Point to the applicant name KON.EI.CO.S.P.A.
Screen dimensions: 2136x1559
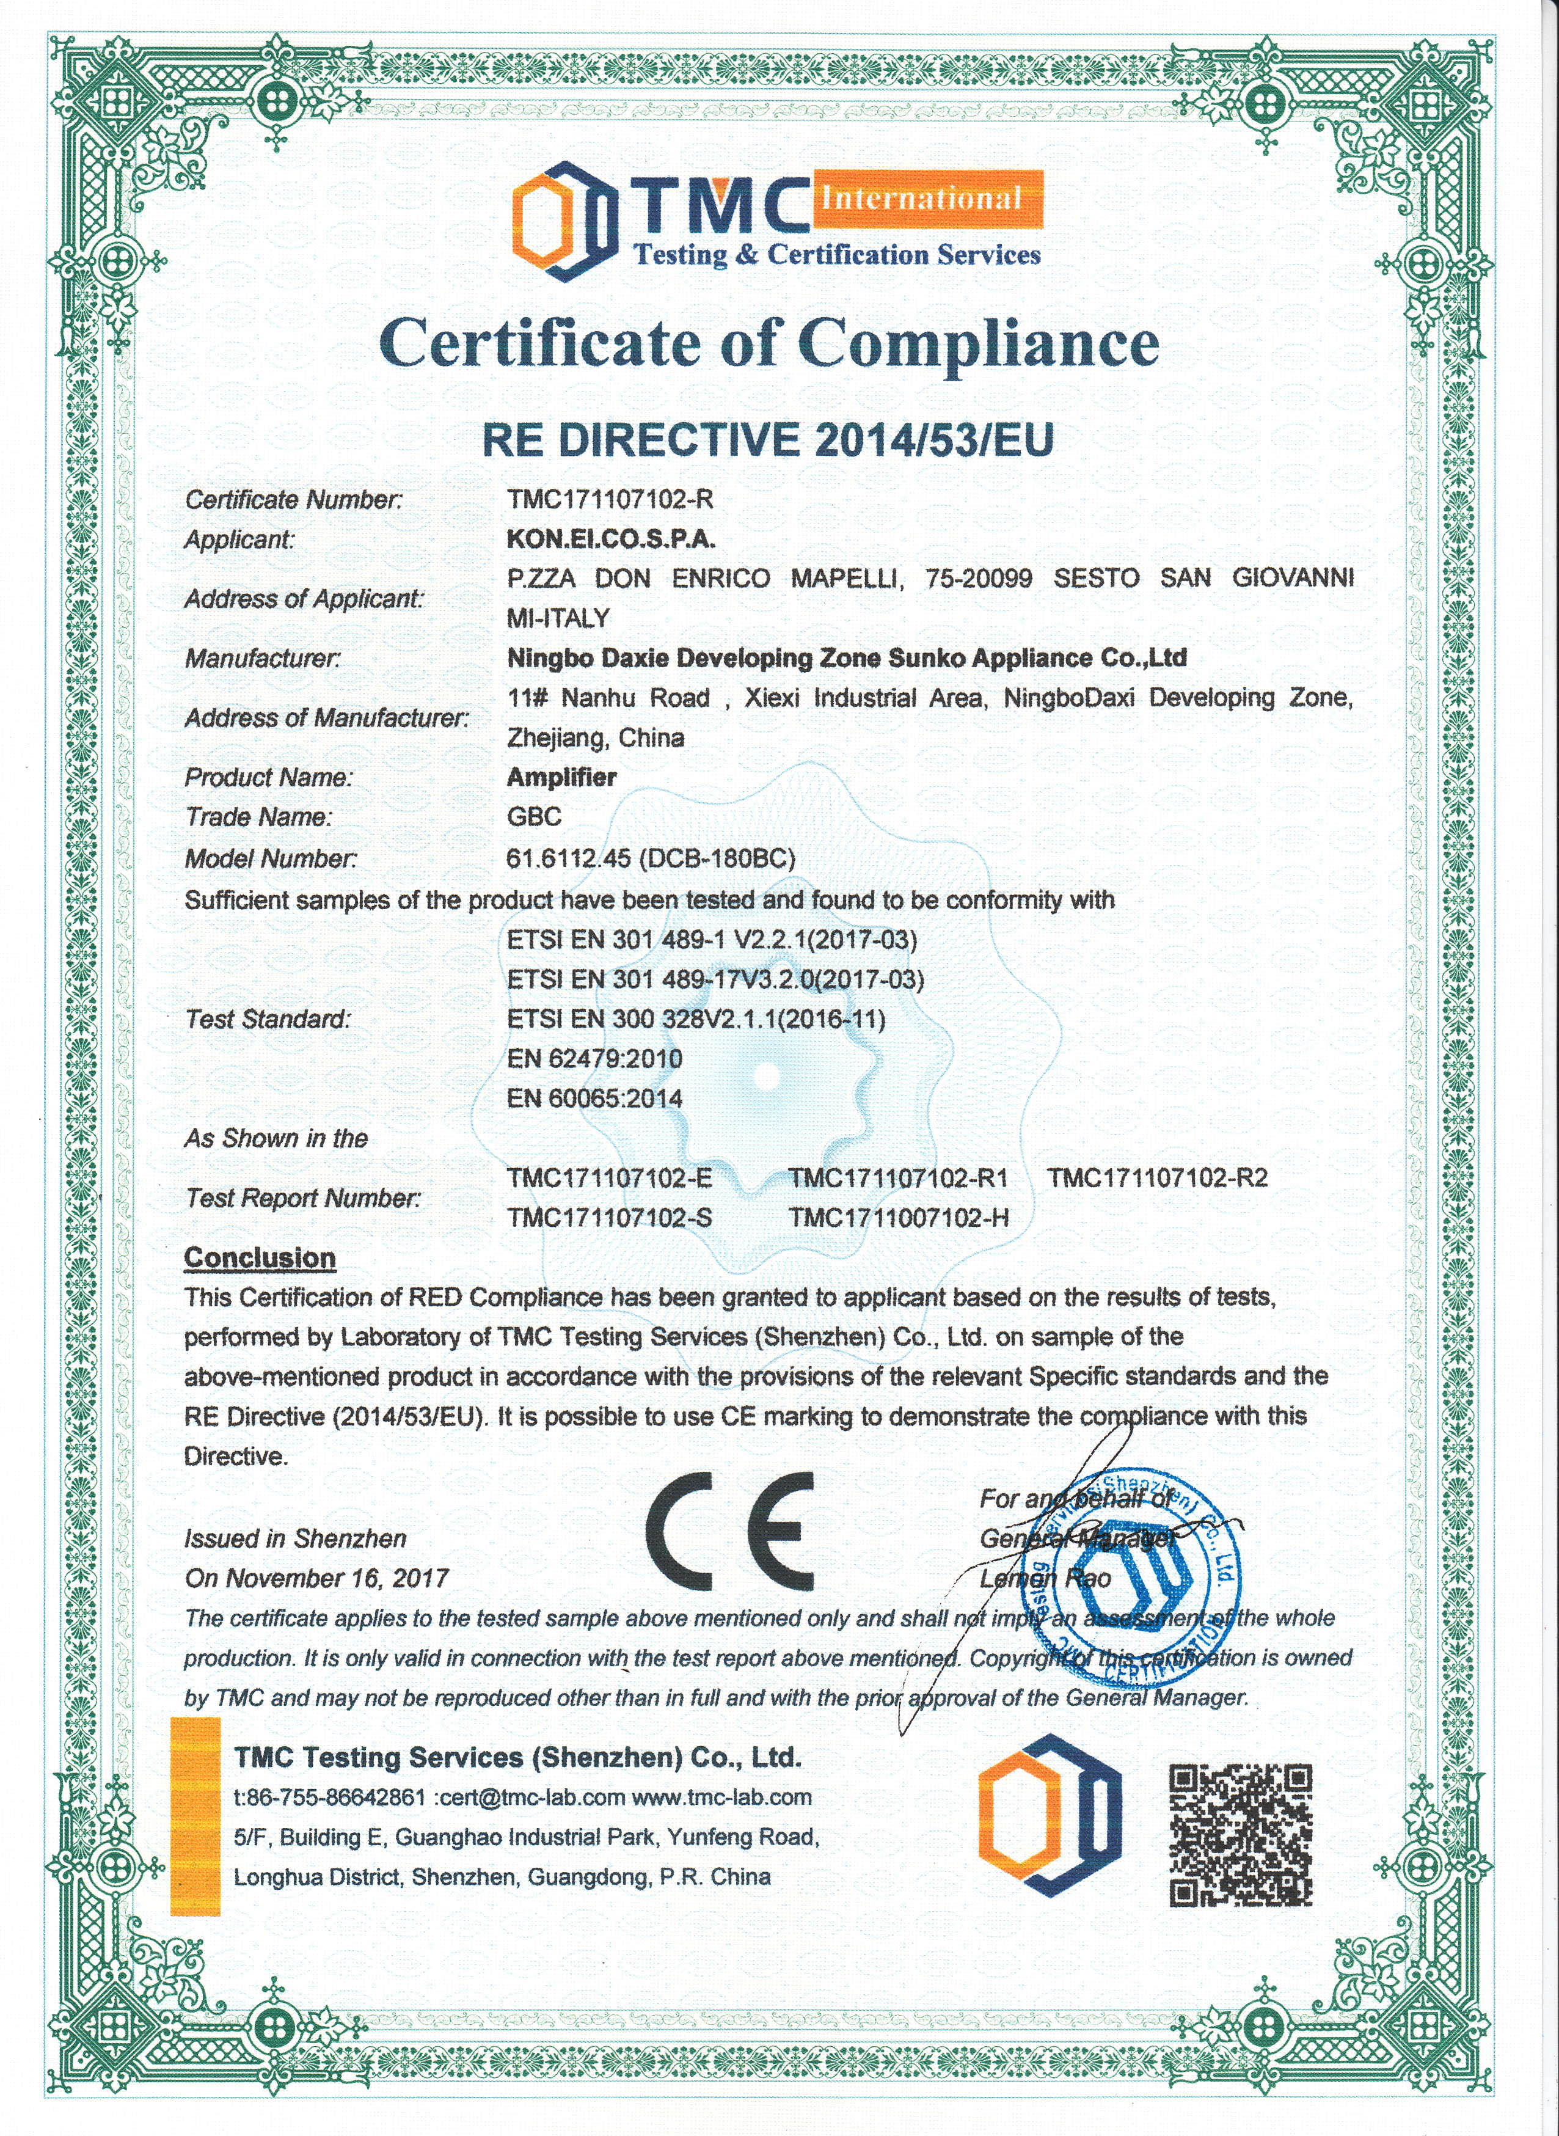click(610, 539)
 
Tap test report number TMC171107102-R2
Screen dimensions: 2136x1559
click(1158, 1178)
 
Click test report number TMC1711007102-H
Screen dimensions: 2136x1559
click(899, 1218)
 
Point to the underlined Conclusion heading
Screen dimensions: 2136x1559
click(260, 1257)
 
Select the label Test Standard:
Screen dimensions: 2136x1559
click(268, 1019)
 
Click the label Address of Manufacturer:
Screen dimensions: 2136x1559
click(326, 719)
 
